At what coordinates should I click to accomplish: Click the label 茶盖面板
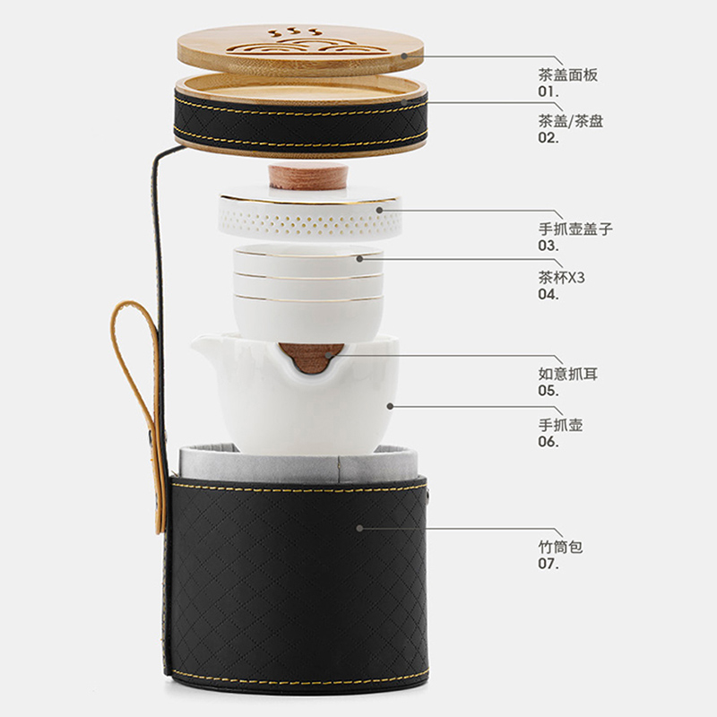pos(567,74)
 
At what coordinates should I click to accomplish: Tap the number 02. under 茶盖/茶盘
pos(549,138)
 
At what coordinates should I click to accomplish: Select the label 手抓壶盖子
pos(575,229)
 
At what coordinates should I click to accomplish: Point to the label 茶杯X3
pos(561,277)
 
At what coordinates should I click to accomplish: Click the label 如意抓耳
pos(567,374)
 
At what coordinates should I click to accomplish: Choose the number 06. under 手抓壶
pos(549,442)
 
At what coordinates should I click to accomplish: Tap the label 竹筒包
pos(560,547)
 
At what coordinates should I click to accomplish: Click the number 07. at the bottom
pos(549,564)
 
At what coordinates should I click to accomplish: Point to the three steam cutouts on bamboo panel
pos(295,32)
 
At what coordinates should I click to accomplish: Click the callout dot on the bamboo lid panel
pos(404,56)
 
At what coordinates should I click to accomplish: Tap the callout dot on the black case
pos(359,528)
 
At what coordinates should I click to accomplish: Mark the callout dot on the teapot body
pos(390,406)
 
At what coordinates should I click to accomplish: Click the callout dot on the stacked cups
pos(359,259)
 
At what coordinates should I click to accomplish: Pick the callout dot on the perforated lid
pos(379,211)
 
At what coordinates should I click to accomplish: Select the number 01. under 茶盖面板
pos(549,91)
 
